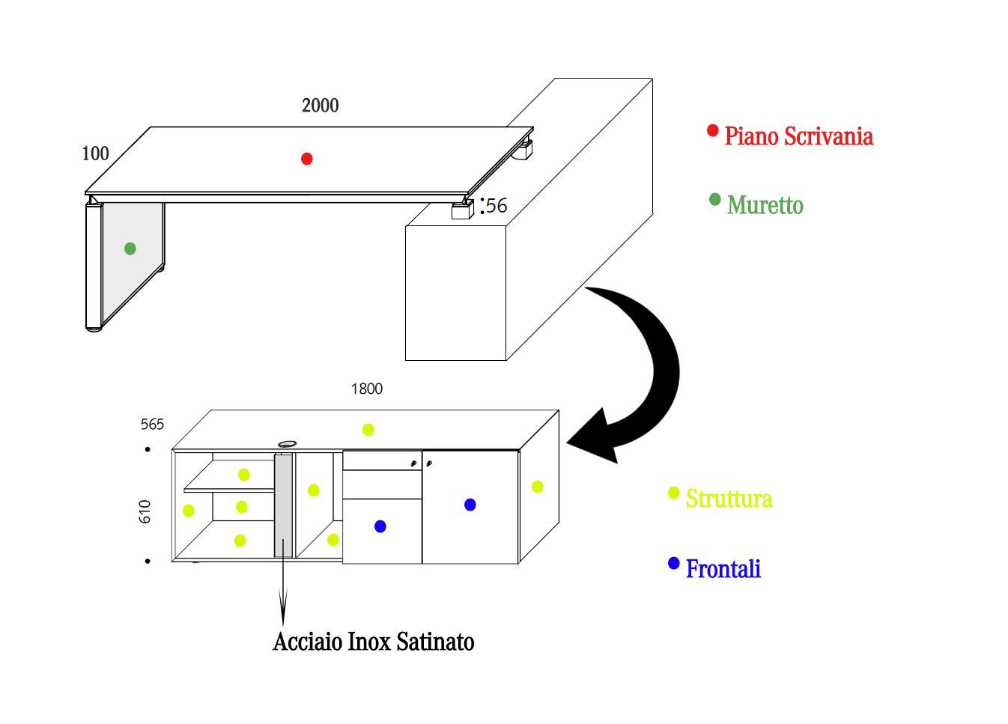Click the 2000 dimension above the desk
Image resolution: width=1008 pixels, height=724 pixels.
point(320,106)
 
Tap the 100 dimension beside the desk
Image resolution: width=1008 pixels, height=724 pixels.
point(95,153)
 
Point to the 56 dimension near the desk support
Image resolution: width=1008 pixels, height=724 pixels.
point(497,205)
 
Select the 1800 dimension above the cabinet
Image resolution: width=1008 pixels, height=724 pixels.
point(366,389)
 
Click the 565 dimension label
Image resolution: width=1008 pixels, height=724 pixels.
point(152,425)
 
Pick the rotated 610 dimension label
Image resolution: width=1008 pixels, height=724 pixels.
point(145,511)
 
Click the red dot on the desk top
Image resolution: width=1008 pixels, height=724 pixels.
point(306,159)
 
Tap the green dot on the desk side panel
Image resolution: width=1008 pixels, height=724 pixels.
point(130,249)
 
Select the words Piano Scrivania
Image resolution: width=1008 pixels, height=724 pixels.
point(798,136)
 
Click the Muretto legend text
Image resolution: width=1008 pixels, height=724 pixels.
point(765,205)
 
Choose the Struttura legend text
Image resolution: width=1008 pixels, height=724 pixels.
point(729,499)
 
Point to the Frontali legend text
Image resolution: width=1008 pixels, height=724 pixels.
point(723,569)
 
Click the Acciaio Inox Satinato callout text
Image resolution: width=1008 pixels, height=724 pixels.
point(373,642)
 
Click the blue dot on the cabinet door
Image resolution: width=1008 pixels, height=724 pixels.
point(470,505)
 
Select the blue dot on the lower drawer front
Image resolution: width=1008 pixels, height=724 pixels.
point(380,526)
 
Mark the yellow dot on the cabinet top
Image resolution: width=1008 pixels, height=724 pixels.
point(368,430)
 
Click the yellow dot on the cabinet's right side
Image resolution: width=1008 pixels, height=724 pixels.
point(537,487)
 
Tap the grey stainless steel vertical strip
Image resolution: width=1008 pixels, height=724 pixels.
point(283,505)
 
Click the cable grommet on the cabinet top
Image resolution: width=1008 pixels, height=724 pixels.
point(286,445)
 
